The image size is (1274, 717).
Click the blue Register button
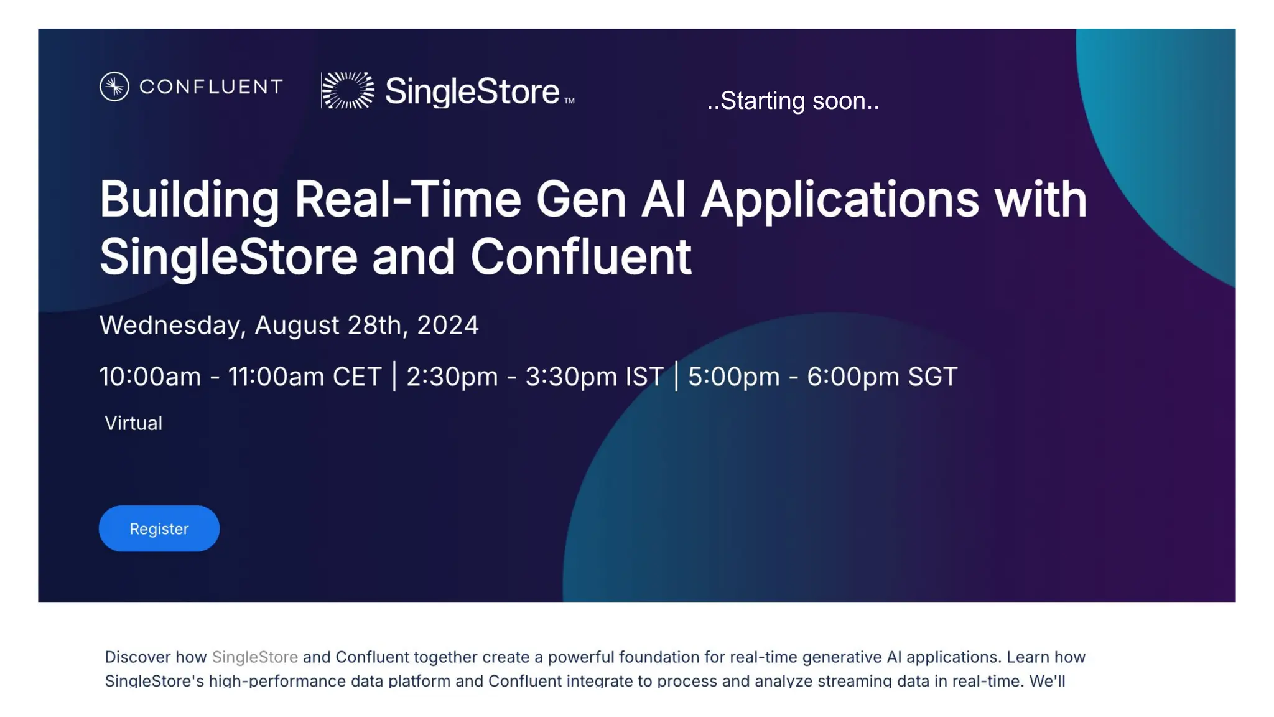159,528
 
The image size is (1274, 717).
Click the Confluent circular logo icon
114,87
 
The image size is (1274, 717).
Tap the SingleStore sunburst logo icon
348,90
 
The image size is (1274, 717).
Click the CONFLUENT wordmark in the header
211,87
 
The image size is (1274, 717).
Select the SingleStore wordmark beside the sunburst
473,91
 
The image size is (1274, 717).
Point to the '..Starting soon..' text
793,101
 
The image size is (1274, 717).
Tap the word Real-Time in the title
407,199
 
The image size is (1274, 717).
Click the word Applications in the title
840,200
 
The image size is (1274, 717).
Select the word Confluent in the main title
580,256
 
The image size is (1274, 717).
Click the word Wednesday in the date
172,326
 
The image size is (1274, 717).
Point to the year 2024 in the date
447,326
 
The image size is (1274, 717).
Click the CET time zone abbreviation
356,377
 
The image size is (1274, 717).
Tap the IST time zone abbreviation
644,377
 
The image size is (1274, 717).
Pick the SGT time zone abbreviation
932,377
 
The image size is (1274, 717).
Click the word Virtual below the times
133,423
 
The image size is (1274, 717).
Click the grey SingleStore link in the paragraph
254,657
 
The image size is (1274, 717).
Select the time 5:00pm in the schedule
733,377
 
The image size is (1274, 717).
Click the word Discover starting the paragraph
137,657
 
